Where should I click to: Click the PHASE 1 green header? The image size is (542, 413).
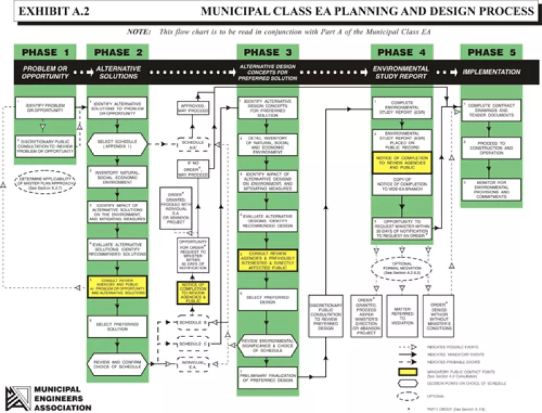click(45, 52)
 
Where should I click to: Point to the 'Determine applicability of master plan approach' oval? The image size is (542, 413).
click(45, 185)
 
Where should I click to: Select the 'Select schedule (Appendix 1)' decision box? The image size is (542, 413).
click(117, 143)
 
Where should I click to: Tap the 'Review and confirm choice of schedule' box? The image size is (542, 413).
click(117, 366)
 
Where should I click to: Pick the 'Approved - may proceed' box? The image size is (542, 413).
click(192, 110)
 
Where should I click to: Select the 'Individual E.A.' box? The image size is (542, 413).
click(192, 367)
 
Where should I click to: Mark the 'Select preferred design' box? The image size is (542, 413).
click(268, 299)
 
